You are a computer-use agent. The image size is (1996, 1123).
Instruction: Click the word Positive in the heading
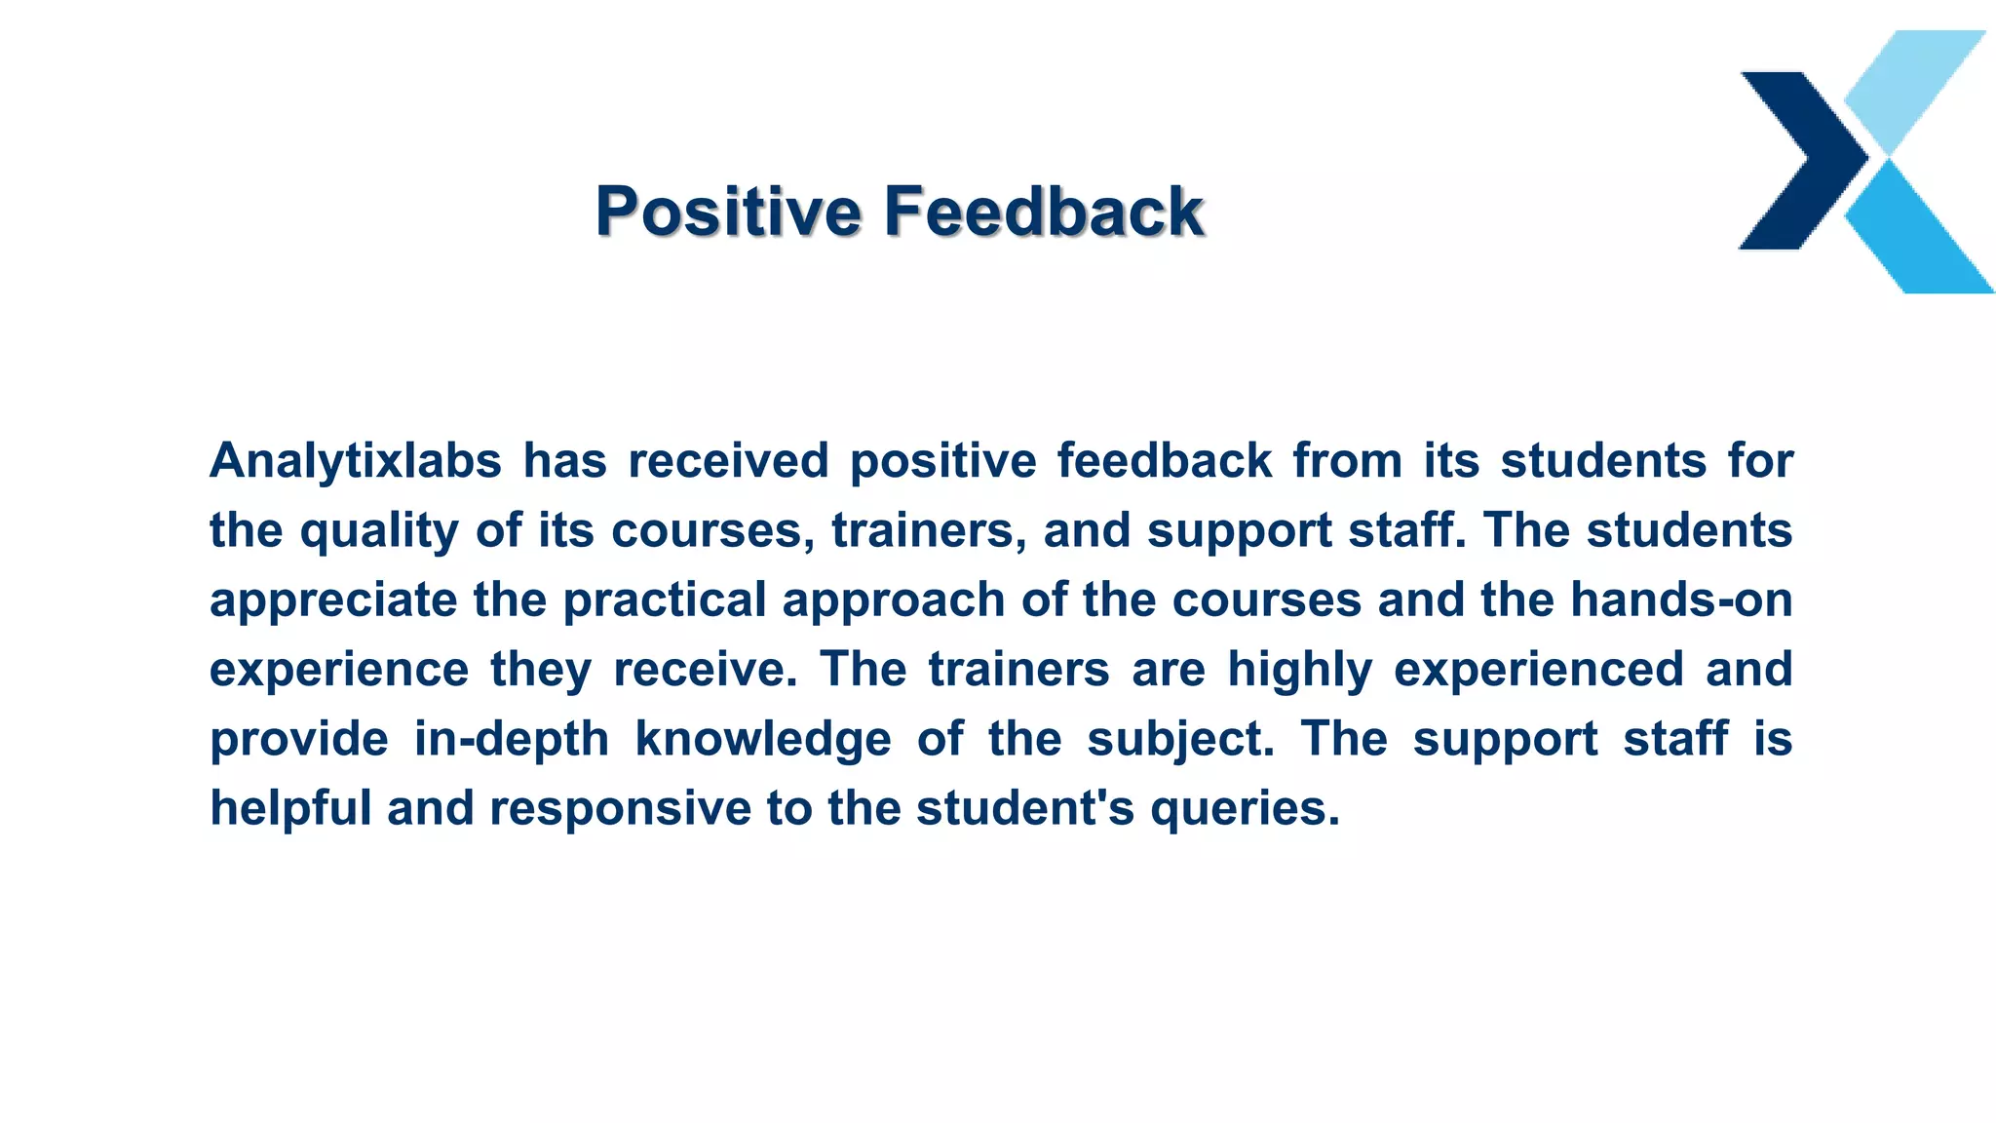[728, 212]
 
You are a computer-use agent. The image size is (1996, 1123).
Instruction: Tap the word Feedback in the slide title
[1044, 212]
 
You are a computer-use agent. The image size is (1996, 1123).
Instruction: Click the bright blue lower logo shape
[1918, 234]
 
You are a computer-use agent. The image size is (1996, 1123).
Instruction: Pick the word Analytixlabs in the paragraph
[356, 461]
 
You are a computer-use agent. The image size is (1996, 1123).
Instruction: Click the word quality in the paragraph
[379, 531]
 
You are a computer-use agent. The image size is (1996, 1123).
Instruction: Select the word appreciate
[333, 600]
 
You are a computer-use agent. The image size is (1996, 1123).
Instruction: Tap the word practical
[665, 600]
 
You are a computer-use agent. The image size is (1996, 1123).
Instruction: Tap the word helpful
[290, 809]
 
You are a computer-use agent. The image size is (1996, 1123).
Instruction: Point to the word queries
[1245, 809]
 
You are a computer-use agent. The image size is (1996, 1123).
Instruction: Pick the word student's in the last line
[1025, 809]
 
